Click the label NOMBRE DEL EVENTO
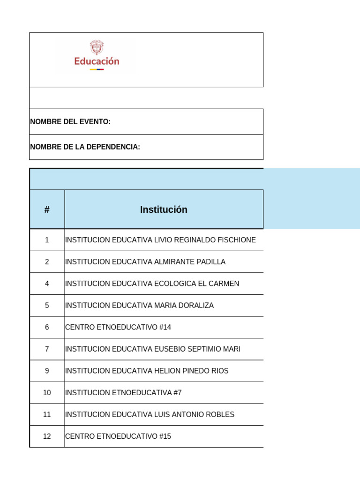pos(70,122)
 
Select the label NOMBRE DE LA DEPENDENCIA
pos(85,147)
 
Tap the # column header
pos(47,210)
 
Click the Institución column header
pos(164,210)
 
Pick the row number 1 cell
pos(47,240)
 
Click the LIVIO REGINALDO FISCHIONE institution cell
pos(160,240)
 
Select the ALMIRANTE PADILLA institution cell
pos(145,262)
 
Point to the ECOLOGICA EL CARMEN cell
pos(152,284)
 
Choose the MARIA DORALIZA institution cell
pos(139,306)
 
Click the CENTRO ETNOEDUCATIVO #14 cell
pos(118,327)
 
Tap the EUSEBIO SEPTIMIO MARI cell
pos(153,349)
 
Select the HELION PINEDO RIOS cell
pos(147,371)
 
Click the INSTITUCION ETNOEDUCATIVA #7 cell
pos(123,393)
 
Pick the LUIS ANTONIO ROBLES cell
pos(150,414)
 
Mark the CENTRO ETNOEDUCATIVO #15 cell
pos(118,436)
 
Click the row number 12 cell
pos(47,436)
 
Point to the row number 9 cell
pos(47,371)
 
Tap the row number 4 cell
pos(47,284)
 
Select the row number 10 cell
pos(47,393)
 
